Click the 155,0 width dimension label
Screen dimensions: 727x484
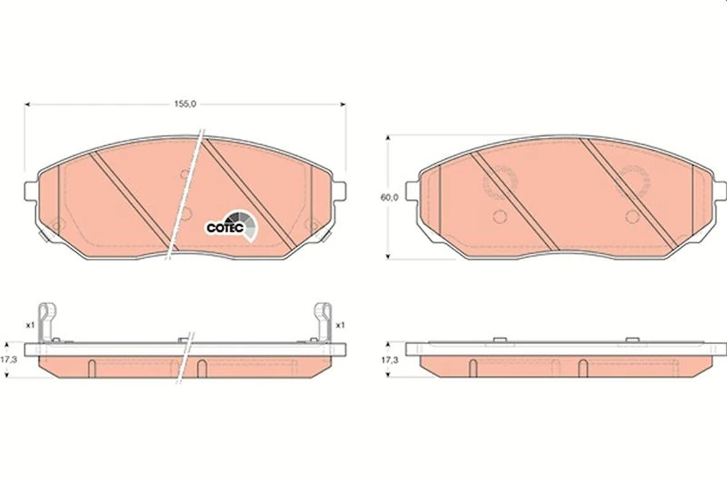(185, 104)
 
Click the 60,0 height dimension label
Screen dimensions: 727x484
(389, 198)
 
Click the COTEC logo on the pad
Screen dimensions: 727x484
(230, 226)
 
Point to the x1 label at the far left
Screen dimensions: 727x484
(30, 326)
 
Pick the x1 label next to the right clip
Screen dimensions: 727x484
(340, 326)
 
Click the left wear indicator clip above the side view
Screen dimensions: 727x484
(47, 323)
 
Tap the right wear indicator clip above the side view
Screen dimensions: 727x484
(323, 323)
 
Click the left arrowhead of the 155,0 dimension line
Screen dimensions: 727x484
(27, 104)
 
